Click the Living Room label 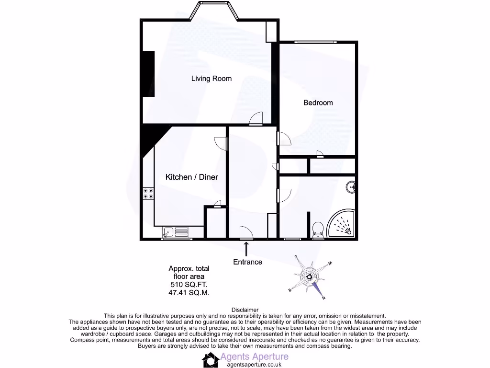211,79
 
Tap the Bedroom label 318,103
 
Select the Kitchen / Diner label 191,177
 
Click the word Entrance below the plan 247,262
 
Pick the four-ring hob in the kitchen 148,193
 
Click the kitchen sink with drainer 176,233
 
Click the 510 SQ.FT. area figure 189,284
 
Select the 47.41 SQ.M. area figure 189,292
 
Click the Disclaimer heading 245,310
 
